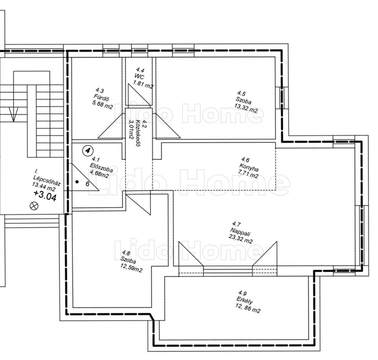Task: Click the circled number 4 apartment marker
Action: click(x=87, y=150)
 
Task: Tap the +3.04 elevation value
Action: click(x=45, y=196)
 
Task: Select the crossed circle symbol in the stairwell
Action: click(x=34, y=206)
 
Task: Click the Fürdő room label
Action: click(x=102, y=99)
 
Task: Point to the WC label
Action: click(x=139, y=77)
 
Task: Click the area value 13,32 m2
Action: click(x=245, y=108)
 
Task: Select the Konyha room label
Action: click(x=249, y=167)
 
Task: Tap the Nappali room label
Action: click(x=240, y=232)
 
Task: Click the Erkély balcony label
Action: click(x=244, y=301)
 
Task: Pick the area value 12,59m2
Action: click(x=131, y=268)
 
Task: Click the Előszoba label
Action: click(x=101, y=167)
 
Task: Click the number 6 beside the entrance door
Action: click(x=87, y=184)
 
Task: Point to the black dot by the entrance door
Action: click(x=77, y=182)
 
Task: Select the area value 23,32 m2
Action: click(x=241, y=239)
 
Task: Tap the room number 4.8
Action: click(x=126, y=253)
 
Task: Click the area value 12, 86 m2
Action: click(x=248, y=308)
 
